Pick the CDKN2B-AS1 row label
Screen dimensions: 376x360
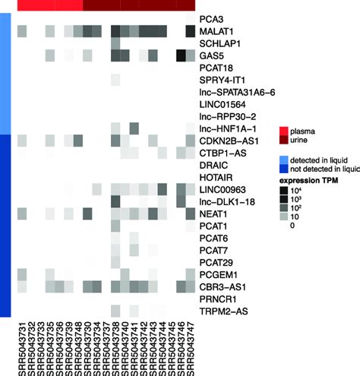click(x=226, y=140)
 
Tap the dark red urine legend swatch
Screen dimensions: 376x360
click(x=283, y=141)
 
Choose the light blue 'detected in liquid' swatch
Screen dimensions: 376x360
click(x=283, y=160)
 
